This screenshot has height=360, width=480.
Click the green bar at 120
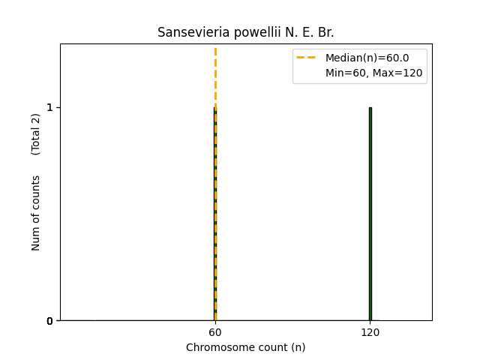point(370,214)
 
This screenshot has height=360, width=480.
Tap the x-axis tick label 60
point(214,332)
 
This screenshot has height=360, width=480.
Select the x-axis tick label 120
point(370,332)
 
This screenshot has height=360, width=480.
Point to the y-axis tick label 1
point(50,107)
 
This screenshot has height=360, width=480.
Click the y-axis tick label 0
point(50,321)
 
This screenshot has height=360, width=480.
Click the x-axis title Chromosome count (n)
point(245,347)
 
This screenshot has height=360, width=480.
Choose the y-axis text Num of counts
point(36,213)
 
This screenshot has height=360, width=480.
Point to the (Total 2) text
point(36,134)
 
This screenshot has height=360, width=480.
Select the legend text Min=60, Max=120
point(373,73)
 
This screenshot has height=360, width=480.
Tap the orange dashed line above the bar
point(215,75)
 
